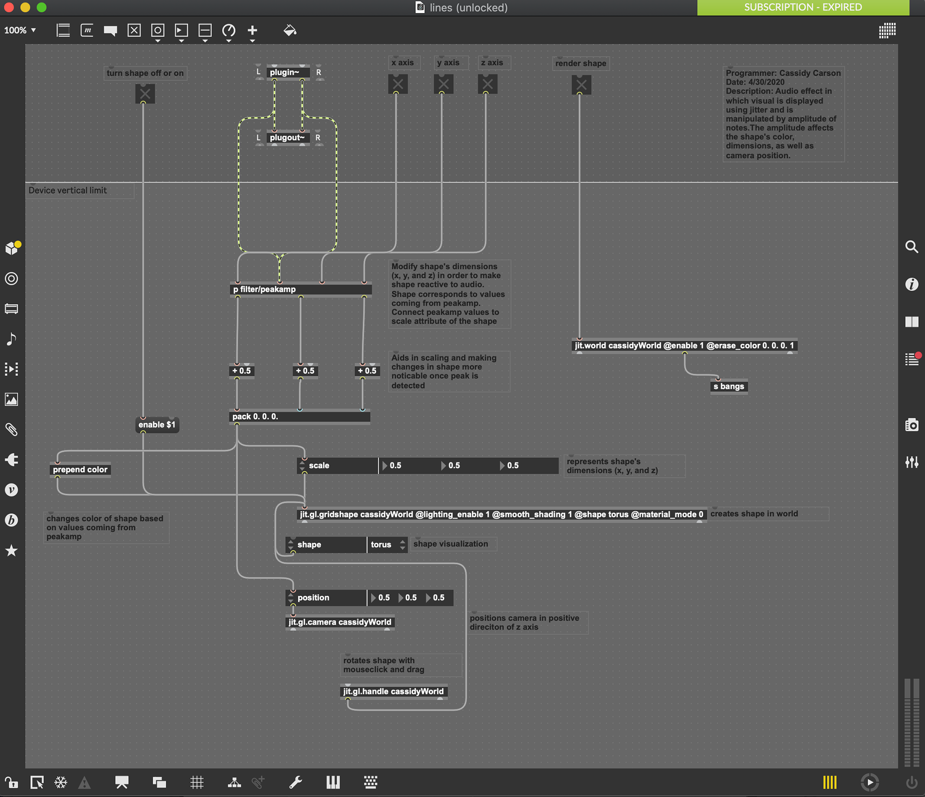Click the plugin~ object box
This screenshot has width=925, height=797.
click(288, 72)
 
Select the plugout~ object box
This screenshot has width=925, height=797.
click(288, 138)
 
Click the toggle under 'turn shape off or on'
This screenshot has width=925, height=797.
click(145, 93)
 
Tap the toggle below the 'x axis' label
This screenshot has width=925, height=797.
click(398, 84)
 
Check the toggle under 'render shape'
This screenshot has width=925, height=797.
click(581, 85)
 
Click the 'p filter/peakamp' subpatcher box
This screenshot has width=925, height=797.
click(301, 289)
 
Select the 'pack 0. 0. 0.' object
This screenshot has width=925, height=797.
click(300, 416)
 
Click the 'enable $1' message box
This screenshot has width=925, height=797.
click(157, 425)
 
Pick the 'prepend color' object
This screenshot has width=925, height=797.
click(80, 469)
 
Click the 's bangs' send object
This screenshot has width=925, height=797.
click(729, 386)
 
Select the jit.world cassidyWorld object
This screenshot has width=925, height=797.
click(684, 345)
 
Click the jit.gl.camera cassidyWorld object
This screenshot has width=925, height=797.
click(340, 622)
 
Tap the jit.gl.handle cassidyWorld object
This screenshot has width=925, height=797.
click(394, 691)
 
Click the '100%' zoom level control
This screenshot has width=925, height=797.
click(20, 30)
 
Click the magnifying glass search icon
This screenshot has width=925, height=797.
click(912, 247)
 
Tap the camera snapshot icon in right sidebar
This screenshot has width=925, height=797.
click(912, 425)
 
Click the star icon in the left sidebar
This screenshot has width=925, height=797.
click(12, 550)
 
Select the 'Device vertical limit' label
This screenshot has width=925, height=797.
click(68, 190)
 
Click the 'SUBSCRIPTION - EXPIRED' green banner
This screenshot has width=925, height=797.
click(803, 7)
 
